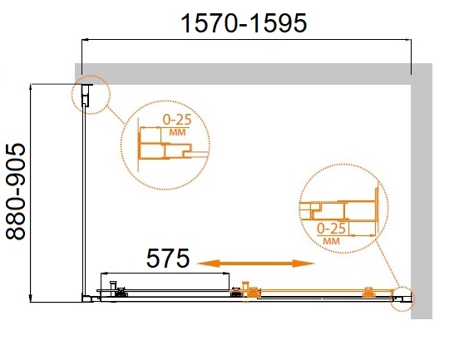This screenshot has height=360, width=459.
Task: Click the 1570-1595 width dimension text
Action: (x=244, y=23)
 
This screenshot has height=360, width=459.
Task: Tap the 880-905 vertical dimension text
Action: (x=16, y=192)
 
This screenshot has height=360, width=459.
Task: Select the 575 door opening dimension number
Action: (x=168, y=258)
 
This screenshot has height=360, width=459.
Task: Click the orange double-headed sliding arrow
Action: (x=255, y=264)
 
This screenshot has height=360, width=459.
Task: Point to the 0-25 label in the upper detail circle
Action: (x=177, y=120)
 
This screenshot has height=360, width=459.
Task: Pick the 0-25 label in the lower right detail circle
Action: (x=332, y=229)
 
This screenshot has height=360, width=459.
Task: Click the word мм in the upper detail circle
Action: (x=177, y=132)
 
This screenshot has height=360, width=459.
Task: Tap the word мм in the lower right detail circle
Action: (x=332, y=241)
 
